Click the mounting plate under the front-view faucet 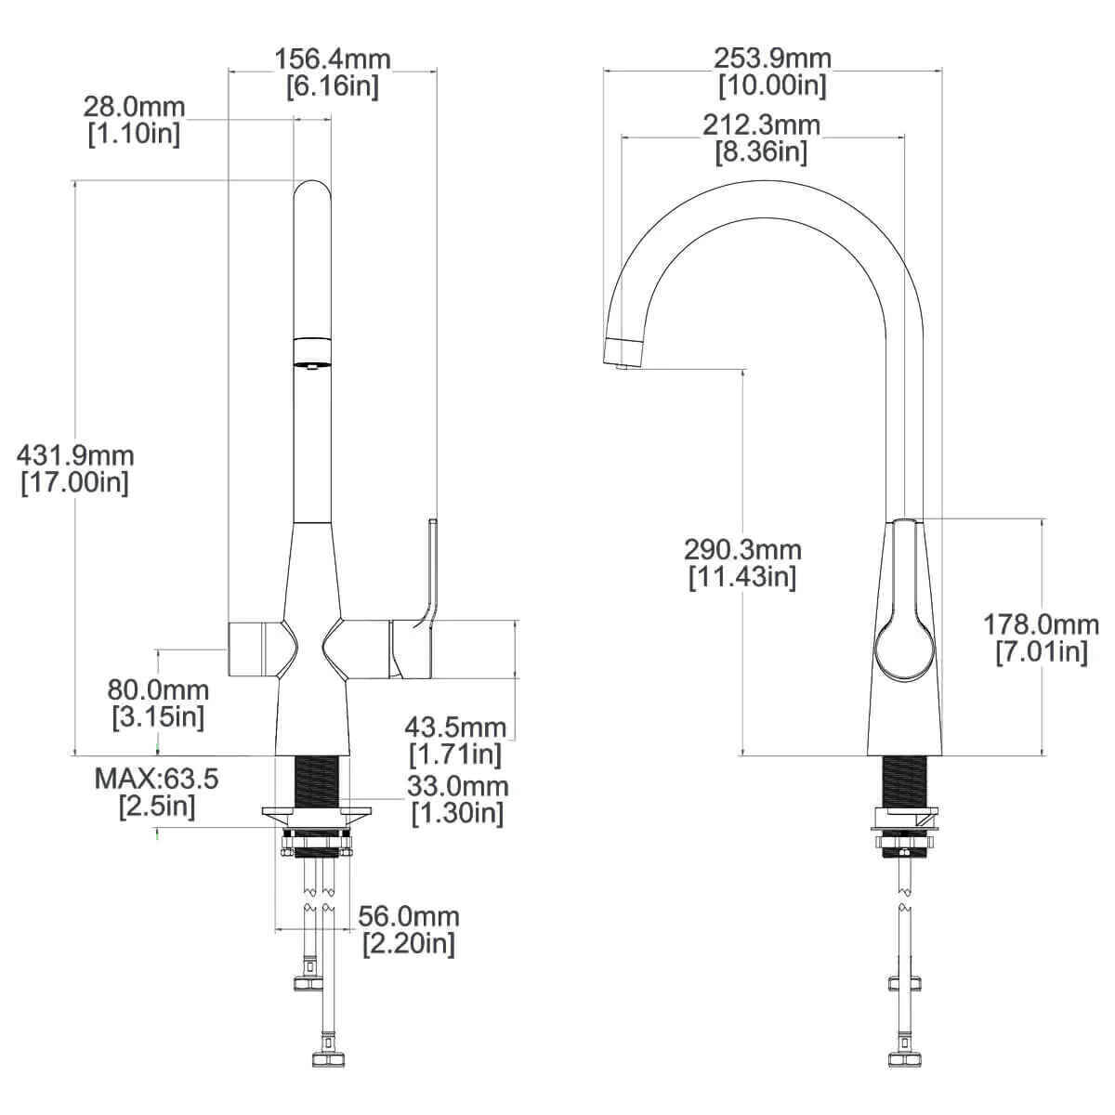point(317,815)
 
